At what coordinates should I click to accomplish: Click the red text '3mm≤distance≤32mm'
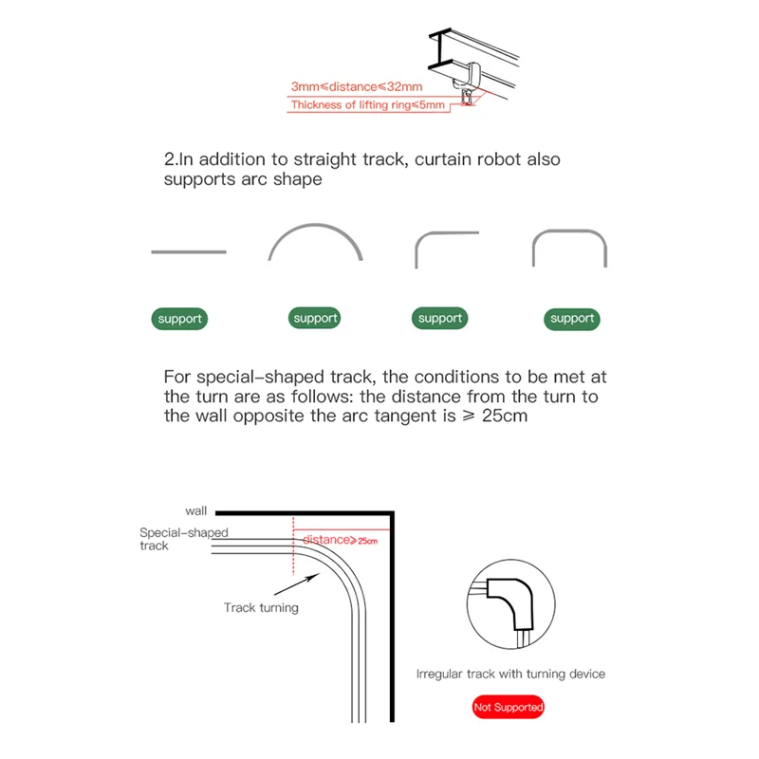click(x=343, y=86)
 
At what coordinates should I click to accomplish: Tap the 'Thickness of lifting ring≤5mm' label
click(x=368, y=105)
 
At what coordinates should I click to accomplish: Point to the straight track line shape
click(x=189, y=251)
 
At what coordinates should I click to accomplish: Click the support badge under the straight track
click(x=180, y=319)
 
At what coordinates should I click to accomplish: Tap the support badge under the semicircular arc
click(x=316, y=319)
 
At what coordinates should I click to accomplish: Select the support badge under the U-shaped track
click(x=572, y=319)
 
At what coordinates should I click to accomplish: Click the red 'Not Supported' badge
click(x=509, y=707)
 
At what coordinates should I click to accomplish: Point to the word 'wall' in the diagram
click(x=195, y=510)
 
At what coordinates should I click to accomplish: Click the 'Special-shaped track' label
click(x=183, y=539)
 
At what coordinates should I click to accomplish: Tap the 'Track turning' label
click(x=261, y=607)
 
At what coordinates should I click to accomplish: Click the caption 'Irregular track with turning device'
click(x=510, y=674)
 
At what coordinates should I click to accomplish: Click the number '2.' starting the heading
click(x=171, y=160)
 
